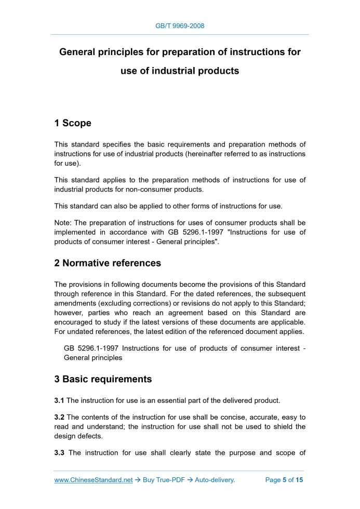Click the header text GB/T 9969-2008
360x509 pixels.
click(x=180, y=26)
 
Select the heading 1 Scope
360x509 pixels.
click(x=73, y=123)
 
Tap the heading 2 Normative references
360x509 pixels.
click(x=108, y=263)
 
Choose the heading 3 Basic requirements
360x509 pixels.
click(x=103, y=379)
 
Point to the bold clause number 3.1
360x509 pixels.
click(x=59, y=400)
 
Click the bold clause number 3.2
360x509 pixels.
click(x=59, y=417)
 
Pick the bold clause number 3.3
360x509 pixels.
click(x=59, y=453)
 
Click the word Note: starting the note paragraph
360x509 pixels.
click(x=63, y=223)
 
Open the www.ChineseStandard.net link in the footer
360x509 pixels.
click(x=94, y=480)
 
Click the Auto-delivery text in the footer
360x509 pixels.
click(x=215, y=480)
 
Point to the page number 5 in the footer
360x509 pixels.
click(x=285, y=480)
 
